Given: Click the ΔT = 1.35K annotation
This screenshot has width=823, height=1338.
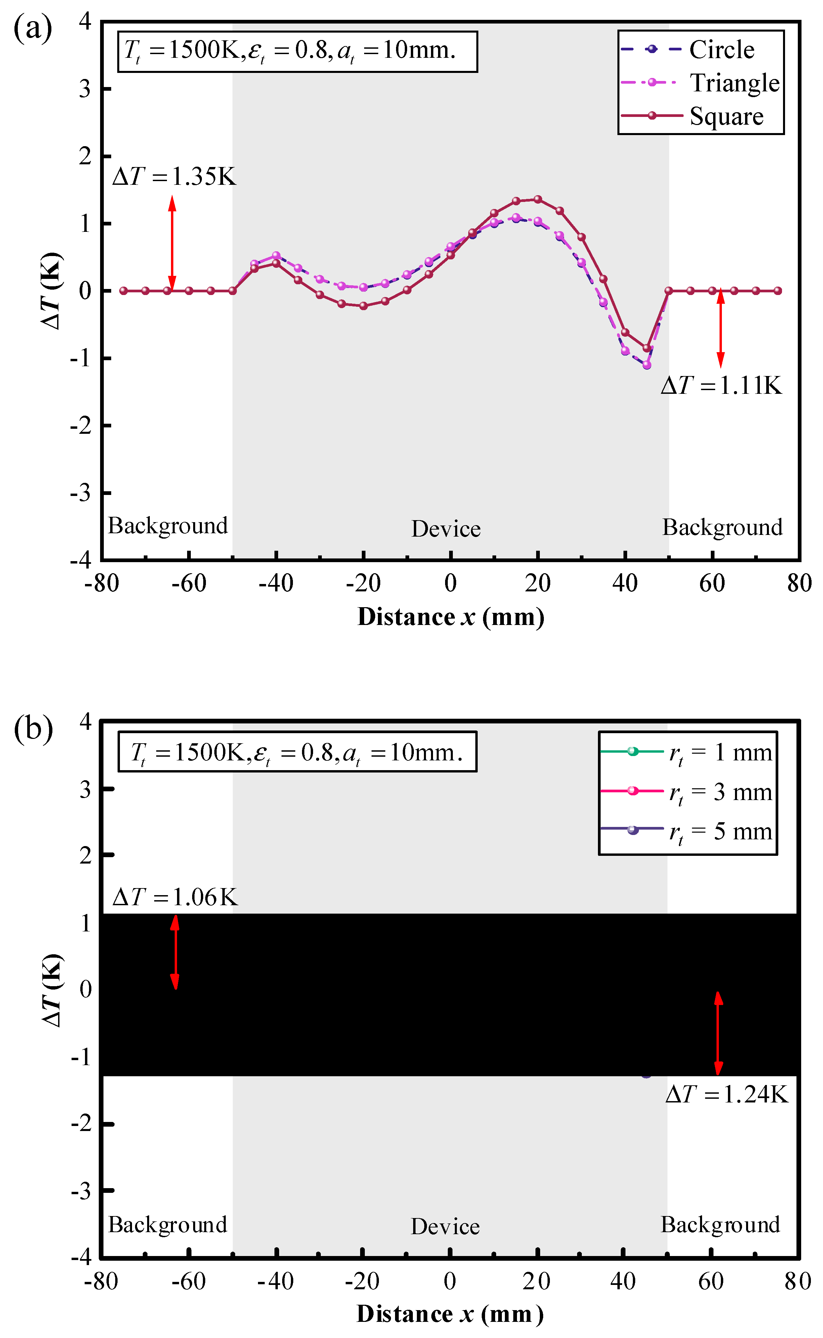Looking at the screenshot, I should pos(174,176).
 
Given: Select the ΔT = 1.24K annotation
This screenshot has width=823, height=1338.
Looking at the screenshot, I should pos(727,1094).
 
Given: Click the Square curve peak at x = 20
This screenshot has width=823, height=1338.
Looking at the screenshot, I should pos(538,199).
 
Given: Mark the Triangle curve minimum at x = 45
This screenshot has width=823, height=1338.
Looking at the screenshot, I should pos(647,365).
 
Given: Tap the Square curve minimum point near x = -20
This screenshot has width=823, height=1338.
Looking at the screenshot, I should pos(363,306).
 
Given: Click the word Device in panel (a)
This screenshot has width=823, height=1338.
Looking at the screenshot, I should pos(446,529).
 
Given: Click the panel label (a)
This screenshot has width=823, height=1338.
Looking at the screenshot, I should pos(33,28).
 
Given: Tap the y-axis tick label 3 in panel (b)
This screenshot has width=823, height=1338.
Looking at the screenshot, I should pos(85,789).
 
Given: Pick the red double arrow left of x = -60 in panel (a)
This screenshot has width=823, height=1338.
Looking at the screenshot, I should pos(172,243).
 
